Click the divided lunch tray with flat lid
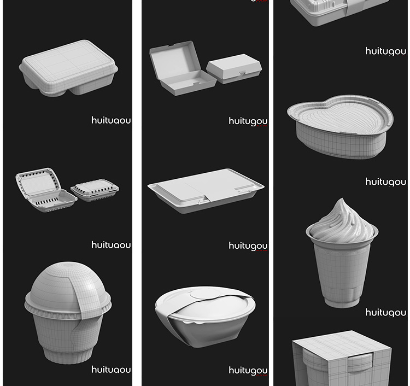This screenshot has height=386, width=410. pos(68,68)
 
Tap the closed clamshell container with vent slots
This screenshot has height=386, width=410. pos(95,190)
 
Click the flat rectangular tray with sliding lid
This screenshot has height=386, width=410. pos(205,189)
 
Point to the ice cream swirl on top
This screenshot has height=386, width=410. pos(342,221)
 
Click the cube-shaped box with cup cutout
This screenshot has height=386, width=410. pos(342,361)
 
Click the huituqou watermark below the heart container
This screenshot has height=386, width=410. pos(385,182)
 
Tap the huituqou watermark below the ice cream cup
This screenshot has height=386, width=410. pos(385,312)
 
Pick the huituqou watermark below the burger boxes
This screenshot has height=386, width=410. pos(248,121)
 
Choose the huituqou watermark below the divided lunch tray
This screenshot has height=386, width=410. pos(111,120)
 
